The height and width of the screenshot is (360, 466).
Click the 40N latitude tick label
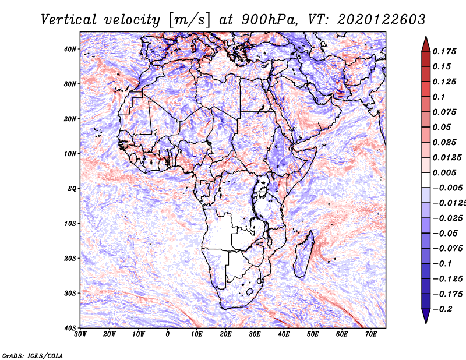click(70, 49)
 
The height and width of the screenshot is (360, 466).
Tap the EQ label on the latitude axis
click(72, 189)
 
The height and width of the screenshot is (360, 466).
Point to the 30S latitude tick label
click(70, 293)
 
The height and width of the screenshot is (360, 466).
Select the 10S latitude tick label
click(70, 223)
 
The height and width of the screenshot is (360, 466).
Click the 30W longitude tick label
click(80, 334)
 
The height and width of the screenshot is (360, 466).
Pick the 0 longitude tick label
click(168, 334)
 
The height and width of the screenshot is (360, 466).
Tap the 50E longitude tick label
click(313, 334)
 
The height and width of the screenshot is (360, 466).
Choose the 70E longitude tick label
click(371, 334)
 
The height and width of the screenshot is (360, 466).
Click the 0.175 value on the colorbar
click(444, 51)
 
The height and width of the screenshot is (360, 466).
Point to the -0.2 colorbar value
click(442, 309)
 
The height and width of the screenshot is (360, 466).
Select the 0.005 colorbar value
click(444, 172)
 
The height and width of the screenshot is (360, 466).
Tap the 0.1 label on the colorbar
click(439, 97)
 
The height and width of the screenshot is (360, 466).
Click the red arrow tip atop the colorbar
click(426, 37)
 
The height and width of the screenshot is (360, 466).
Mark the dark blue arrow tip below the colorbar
click(426, 323)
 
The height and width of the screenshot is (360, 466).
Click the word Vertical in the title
click(69, 20)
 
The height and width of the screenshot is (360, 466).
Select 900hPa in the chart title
click(269, 20)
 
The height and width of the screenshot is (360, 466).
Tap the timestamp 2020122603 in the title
click(382, 20)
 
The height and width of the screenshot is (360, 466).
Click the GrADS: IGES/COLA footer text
click(33, 355)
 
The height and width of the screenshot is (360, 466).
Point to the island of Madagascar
click(304, 255)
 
